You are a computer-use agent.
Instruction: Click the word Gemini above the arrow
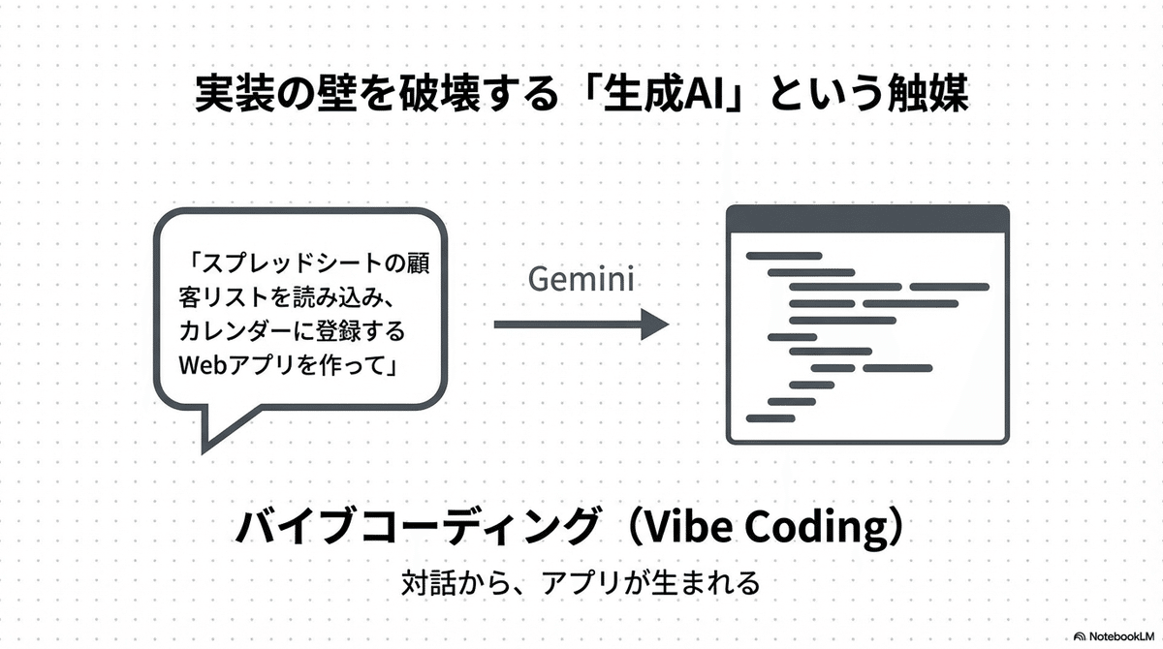pos(581,280)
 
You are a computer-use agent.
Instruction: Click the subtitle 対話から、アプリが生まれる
pos(581,584)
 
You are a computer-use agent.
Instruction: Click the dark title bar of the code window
pos(867,219)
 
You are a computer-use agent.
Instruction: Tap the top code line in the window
pos(783,256)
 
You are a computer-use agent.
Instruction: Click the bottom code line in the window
pos(770,417)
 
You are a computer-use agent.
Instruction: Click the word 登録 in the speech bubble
pos(356,330)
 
